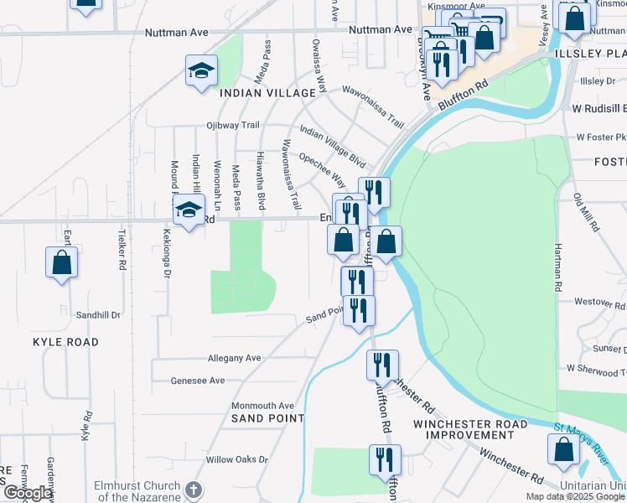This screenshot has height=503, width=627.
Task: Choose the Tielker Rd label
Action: (x=122, y=249)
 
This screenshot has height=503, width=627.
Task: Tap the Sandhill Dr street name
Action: (x=98, y=315)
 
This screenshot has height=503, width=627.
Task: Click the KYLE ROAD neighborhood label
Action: (x=65, y=342)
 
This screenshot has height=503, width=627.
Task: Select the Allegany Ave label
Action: (x=234, y=358)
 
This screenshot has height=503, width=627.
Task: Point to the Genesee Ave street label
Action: (x=198, y=380)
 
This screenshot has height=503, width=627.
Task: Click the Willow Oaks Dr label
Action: (x=236, y=459)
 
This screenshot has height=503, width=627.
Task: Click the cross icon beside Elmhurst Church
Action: (x=193, y=490)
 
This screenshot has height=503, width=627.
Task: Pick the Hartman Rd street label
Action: (x=557, y=256)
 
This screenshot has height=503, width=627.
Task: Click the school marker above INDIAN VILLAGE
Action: (x=201, y=71)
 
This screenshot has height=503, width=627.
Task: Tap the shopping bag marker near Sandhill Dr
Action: (x=62, y=263)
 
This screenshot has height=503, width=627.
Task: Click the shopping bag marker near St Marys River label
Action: (x=563, y=450)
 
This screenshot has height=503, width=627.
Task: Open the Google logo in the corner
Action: (x=27, y=493)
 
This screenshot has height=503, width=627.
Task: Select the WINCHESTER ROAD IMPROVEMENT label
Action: (x=469, y=429)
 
